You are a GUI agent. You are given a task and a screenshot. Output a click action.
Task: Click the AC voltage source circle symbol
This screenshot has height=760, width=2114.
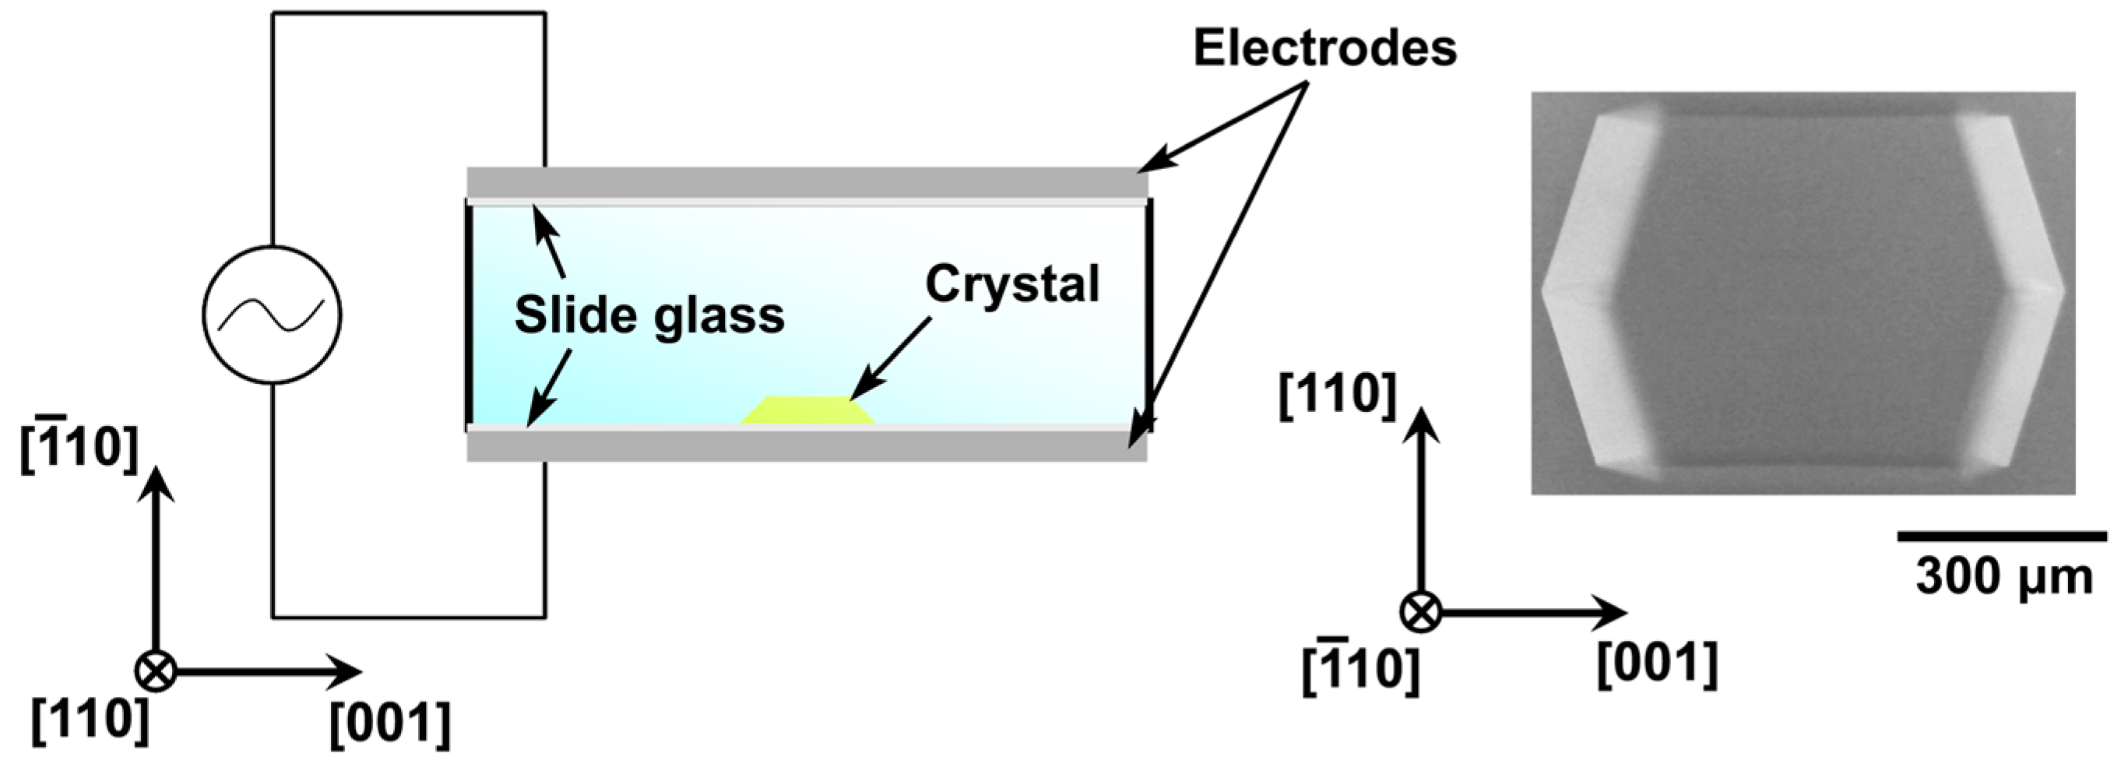point(272,315)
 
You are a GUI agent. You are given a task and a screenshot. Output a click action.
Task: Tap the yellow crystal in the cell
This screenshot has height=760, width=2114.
point(808,410)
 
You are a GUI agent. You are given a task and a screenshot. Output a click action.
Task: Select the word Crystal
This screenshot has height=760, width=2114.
point(1012,284)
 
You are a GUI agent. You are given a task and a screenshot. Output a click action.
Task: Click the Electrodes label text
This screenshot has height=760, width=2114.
point(1324,48)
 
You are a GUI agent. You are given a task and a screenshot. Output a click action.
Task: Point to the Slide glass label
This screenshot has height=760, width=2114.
point(649,315)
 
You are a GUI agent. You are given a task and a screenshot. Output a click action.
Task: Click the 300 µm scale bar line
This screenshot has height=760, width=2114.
point(2002,537)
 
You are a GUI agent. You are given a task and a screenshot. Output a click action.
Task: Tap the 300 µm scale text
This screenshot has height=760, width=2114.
point(2003,577)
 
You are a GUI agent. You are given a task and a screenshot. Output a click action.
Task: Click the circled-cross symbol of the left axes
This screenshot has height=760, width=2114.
point(155,671)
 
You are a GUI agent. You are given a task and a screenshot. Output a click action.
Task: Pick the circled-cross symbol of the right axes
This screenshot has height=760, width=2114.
point(1420,611)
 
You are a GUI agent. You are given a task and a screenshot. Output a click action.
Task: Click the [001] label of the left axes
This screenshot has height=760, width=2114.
point(390,724)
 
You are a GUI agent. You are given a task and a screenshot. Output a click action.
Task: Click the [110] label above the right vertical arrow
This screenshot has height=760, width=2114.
point(1337,395)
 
